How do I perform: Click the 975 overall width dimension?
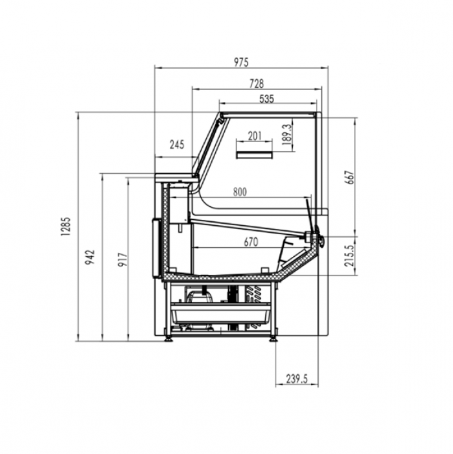(240, 62)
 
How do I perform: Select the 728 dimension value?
(256, 84)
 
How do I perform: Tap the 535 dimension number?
(266, 99)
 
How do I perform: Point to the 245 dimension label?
(177, 145)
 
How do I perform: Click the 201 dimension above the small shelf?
(255, 135)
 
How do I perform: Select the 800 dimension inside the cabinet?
(240, 191)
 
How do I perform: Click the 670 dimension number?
(251, 243)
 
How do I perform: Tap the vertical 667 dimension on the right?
(349, 177)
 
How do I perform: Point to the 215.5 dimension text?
(349, 256)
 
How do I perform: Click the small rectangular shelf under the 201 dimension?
(255, 154)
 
